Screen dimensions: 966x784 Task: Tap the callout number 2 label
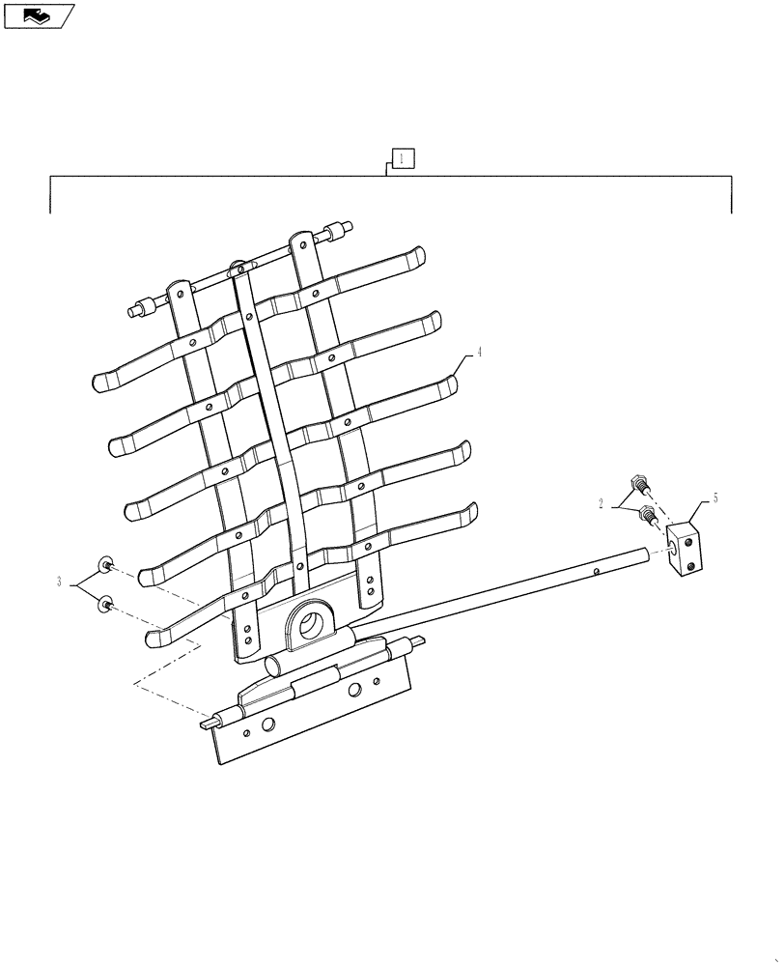pos(601,502)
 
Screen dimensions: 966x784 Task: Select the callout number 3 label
pos(59,582)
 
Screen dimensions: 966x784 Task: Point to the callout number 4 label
pos(479,353)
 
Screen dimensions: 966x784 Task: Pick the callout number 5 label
pos(714,498)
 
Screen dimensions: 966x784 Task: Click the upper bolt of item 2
pos(639,482)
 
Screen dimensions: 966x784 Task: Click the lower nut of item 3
pos(104,605)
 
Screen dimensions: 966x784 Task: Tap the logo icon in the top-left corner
pos(39,15)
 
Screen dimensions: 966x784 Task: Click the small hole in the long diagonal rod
pos(598,572)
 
